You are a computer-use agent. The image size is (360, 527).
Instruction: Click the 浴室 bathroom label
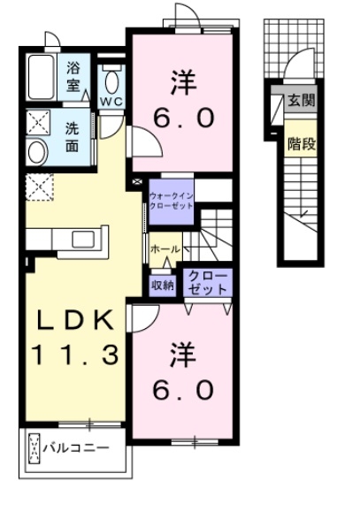coord(73,76)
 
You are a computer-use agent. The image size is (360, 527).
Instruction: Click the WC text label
coord(111,102)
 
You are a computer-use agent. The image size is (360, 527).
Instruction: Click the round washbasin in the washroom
coord(38,149)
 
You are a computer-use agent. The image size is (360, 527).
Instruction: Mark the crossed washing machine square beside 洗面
coord(38,123)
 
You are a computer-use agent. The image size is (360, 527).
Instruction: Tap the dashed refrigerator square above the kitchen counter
coord(39,186)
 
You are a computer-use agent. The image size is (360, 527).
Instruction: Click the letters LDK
coord(73,319)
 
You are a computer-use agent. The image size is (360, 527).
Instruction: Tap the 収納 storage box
coord(162,284)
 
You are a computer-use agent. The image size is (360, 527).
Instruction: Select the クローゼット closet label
coord(207,283)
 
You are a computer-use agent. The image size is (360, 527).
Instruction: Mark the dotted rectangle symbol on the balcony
coord(34,448)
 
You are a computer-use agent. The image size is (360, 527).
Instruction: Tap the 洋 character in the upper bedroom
coord(182,81)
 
